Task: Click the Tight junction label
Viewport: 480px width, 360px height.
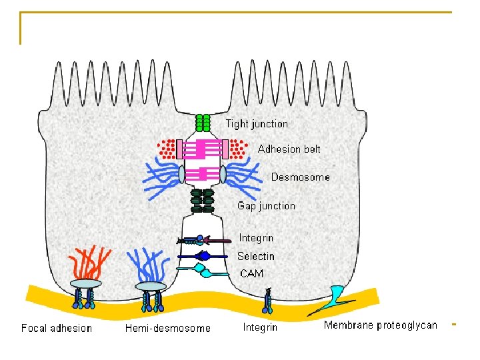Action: click(257, 124)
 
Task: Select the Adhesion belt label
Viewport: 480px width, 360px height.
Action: click(289, 149)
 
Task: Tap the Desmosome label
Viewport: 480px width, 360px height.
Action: click(300, 177)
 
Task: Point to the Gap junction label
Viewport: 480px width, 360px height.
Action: click(266, 205)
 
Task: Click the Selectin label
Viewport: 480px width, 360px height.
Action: click(255, 256)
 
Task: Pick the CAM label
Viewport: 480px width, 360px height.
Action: click(251, 273)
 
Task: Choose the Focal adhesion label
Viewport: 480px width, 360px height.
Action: click(57, 328)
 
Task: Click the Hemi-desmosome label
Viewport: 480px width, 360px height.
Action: click(168, 328)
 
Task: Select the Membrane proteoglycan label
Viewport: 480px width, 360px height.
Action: click(380, 325)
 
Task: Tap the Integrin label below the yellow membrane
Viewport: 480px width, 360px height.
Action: click(261, 327)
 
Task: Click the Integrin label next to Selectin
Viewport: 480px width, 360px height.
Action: click(256, 238)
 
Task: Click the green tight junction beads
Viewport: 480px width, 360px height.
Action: click(203, 123)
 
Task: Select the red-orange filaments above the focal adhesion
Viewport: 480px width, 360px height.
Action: click(87, 263)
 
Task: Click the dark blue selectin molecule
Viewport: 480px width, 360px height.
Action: click(203, 256)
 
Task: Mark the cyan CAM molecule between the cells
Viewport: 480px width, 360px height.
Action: click(206, 270)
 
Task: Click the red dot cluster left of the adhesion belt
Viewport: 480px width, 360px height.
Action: click(168, 148)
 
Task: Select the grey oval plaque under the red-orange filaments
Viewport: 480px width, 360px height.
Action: click(87, 284)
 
